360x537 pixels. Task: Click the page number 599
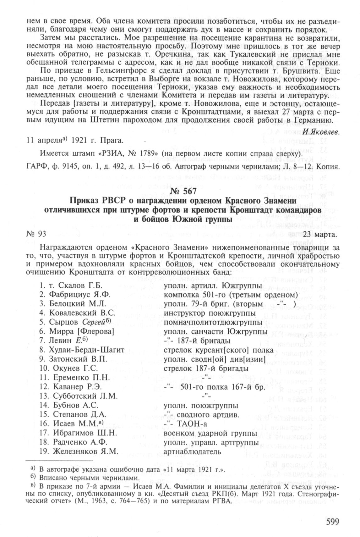(328, 522)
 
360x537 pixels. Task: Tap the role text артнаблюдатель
(192, 451)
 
